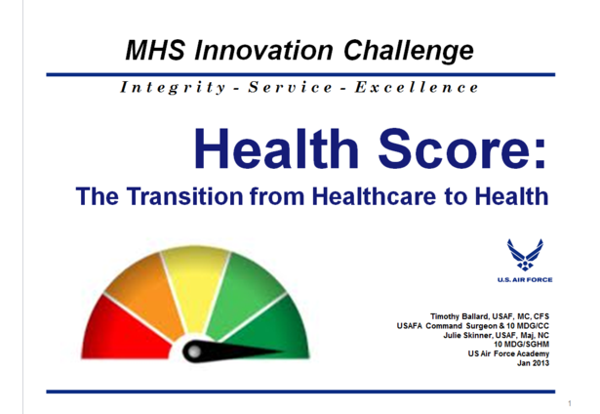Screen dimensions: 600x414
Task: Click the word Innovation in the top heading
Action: pos(263,50)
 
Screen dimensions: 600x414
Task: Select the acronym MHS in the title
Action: pos(155,50)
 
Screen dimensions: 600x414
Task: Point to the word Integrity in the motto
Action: pos(173,87)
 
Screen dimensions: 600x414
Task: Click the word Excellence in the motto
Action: pos(417,87)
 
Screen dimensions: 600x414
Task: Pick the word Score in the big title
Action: pos(462,148)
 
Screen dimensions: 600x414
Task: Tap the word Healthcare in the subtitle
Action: pos(374,195)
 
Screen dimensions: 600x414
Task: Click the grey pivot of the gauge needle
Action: pos(194,352)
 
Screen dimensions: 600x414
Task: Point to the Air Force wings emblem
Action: pos(525,255)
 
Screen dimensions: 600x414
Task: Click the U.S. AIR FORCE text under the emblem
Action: pos(525,280)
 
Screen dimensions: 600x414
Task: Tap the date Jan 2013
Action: pos(533,363)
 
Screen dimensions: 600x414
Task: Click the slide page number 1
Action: pos(570,403)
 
